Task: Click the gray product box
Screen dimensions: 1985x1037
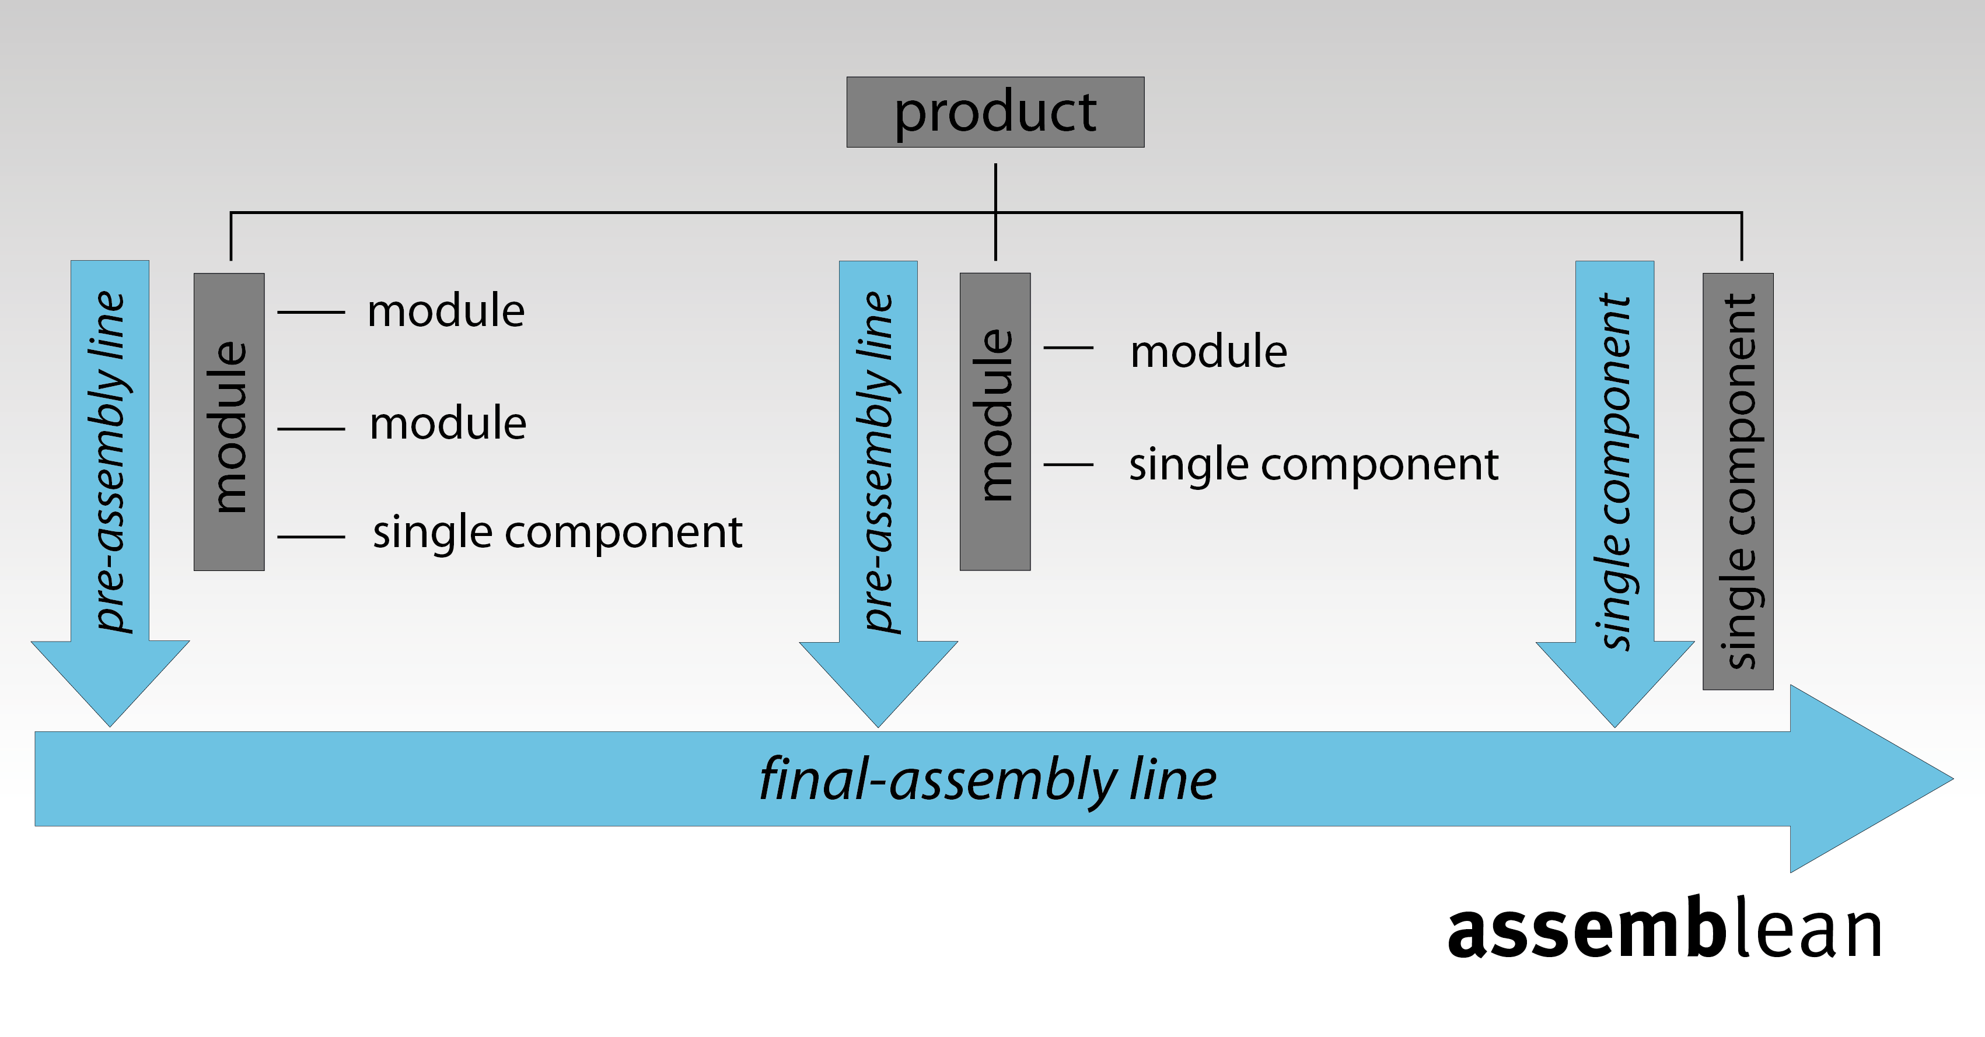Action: point(995,112)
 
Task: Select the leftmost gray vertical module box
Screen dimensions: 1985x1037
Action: point(229,422)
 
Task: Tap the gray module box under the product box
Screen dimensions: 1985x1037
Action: point(995,422)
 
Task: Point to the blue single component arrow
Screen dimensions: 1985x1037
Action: point(1615,493)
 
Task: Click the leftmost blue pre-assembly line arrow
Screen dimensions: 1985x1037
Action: point(110,493)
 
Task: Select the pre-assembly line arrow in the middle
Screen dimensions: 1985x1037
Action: point(879,493)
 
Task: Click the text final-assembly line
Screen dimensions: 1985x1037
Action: point(988,780)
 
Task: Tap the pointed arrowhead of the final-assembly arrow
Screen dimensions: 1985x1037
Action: point(1953,779)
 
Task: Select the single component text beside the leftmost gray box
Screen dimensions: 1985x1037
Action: point(557,532)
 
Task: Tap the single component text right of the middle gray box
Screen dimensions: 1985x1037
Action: point(1314,465)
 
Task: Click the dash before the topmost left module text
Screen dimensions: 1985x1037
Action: point(310,312)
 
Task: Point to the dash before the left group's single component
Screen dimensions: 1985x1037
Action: point(310,536)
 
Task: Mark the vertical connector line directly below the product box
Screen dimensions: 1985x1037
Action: point(995,212)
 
